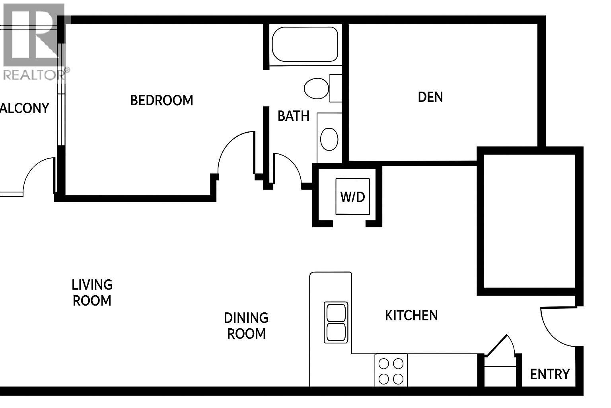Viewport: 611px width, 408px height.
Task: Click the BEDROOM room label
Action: point(162,100)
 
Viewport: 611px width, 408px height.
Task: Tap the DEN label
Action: point(430,97)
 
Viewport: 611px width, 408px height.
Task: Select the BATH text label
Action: point(293,116)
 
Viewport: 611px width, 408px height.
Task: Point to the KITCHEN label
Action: point(411,316)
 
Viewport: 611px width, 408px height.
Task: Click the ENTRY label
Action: point(550,374)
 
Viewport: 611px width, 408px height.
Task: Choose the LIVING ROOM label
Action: point(92,292)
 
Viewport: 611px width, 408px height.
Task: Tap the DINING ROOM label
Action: point(246,326)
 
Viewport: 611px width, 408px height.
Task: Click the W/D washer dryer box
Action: point(353,196)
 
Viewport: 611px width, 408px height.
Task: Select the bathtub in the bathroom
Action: point(305,44)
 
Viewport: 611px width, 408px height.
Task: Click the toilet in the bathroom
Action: point(317,88)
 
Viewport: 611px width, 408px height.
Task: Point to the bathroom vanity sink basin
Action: point(329,139)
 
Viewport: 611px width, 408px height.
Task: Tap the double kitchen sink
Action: point(336,322)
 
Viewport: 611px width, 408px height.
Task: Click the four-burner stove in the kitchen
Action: point(391,371)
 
